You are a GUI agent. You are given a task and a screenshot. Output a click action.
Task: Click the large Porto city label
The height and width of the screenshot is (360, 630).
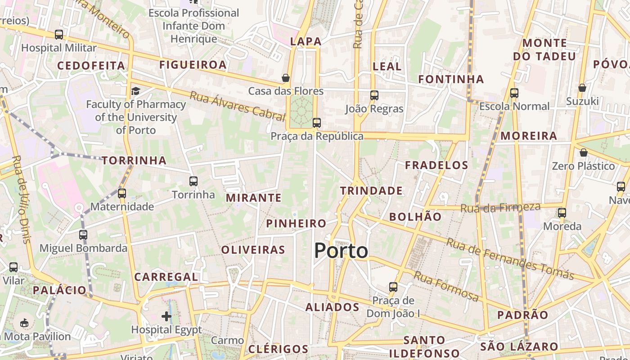(341, 251)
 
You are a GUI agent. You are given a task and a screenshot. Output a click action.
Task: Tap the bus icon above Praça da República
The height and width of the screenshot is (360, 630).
(317, 122)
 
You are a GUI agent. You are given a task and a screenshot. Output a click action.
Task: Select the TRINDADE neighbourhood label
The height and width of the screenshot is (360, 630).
(371, 191)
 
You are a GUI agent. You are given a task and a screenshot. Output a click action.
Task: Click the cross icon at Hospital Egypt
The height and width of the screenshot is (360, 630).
(166, 316)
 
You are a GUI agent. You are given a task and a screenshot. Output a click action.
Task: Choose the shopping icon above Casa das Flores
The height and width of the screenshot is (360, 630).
(285, 78)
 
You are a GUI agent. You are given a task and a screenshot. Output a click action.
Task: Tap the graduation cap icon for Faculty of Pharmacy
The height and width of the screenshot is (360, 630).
(135, 91)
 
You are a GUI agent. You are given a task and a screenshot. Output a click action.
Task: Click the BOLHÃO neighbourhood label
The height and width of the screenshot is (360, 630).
(415, 216)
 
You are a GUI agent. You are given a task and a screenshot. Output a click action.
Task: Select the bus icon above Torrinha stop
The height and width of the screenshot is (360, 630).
(193, 181)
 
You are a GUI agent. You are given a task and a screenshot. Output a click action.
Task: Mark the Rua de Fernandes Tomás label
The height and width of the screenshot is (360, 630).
(510, 258)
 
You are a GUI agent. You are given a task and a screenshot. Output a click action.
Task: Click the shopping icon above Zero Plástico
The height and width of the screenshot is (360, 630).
(583, 153)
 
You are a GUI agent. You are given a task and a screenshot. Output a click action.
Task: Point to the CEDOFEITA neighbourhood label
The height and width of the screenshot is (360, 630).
(91, 66)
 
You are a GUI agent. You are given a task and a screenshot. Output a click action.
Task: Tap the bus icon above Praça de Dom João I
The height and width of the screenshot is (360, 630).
(393, 287)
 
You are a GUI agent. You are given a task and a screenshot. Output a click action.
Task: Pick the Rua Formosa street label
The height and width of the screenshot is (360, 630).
(446, 286)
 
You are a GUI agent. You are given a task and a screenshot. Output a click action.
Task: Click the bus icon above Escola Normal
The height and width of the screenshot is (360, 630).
(514, 93)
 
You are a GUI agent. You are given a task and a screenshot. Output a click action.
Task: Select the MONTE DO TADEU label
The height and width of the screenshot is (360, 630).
(545, 49)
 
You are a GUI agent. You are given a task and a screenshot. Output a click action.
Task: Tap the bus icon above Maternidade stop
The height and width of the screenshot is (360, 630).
(122, 193)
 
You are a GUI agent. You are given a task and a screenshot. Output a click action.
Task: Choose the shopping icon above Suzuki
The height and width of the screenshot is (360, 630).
(582, 88)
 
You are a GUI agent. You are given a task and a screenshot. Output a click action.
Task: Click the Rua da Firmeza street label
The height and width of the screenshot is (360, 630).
(500, 207)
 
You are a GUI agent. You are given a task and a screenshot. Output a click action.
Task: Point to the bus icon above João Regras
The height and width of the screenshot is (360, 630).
(374, 95)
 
